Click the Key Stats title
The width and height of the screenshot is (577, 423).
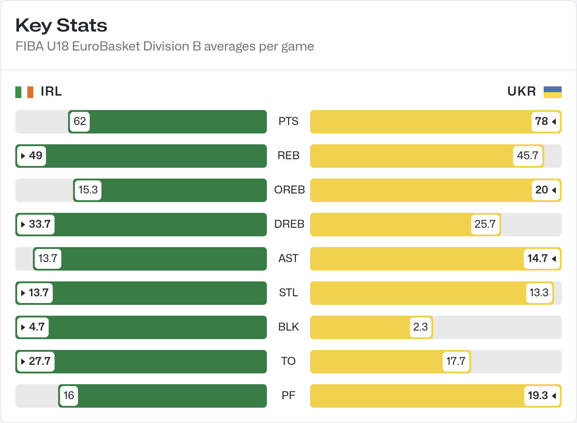[x=61, y=26]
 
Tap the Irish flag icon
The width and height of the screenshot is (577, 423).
[x=24, y=92]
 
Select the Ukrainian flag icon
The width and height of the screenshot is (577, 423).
[x=552, y=92]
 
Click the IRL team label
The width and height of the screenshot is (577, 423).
[x=51, y=92]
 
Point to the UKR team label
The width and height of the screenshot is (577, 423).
[x=522, y=92]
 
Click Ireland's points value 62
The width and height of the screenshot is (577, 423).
[x=80, y=122]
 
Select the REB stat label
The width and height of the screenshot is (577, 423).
[x=288, y=156]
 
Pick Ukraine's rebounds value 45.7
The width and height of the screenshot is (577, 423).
[x=527, y=156]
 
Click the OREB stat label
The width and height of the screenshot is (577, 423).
[x=289, y=190]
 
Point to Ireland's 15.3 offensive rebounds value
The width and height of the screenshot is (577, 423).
[x=88, y=190]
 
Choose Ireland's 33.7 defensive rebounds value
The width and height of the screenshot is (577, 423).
[x=36, y=225]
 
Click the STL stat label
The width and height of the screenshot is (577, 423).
[x=288, y=293]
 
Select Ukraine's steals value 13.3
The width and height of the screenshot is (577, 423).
[x=539, y=293]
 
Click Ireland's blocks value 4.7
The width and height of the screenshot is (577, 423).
[x=33, y=327]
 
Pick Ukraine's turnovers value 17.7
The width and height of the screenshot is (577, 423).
[x=456, y=362]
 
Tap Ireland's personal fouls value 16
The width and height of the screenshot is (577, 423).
[x=69, y=396]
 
